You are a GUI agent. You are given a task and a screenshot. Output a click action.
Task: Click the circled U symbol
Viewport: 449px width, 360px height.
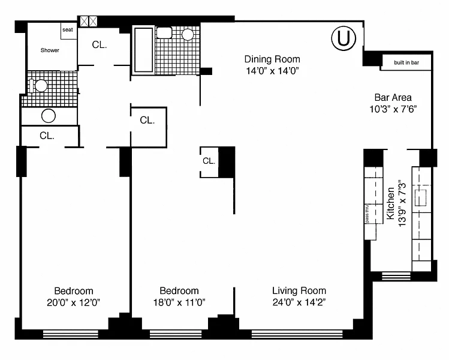click(x=343, y=38)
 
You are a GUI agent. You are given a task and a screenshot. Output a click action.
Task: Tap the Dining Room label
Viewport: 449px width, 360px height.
click(x=272, y=59)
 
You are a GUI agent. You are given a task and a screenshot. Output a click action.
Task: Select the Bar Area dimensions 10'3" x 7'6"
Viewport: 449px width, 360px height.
click(x=393, y=109)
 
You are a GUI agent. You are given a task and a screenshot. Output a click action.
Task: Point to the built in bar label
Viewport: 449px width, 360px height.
click(x=406, y=62)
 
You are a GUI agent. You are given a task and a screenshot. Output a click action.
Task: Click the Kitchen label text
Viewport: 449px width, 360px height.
click(x=391, y=203)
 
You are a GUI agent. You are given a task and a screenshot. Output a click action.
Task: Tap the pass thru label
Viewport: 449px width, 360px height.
click(x=367, y=214)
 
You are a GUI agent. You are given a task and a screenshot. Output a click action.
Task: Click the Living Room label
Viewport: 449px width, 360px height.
click(x=299, y=290)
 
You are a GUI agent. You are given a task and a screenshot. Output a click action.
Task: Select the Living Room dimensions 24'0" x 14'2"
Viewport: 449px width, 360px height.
click(x=299, y=302)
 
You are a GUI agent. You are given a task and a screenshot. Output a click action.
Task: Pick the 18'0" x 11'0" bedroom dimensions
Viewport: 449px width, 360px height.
click(x=179, y=302)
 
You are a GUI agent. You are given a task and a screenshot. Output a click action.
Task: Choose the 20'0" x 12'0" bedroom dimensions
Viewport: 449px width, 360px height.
click(x=74, y=302)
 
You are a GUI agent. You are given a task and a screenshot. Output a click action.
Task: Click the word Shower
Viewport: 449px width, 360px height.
click(x=50, y=50)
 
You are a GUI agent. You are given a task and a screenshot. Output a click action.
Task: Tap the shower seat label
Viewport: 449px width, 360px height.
click(x=68, y=29)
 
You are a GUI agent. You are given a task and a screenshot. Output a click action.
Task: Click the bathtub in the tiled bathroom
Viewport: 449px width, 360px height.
click(x=143, y=50)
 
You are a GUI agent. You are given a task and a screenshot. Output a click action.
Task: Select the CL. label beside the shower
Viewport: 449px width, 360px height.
click(x=100, y=45)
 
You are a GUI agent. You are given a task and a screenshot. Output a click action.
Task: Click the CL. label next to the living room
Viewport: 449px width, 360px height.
click(x=209, y=161)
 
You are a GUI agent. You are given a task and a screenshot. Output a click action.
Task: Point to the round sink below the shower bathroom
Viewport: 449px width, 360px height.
click(x=49, y=116)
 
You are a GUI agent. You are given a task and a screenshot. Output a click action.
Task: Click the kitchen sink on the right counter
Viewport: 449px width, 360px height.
click(x=421, y=198)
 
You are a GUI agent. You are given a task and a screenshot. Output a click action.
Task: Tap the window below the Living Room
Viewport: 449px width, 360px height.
click(x=297, y=334)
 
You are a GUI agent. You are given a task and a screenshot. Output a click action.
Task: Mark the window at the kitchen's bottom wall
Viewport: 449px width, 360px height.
click(x=396, y=276)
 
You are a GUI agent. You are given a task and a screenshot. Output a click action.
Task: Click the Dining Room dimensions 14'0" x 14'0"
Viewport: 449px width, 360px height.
click(x=272, y=71)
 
